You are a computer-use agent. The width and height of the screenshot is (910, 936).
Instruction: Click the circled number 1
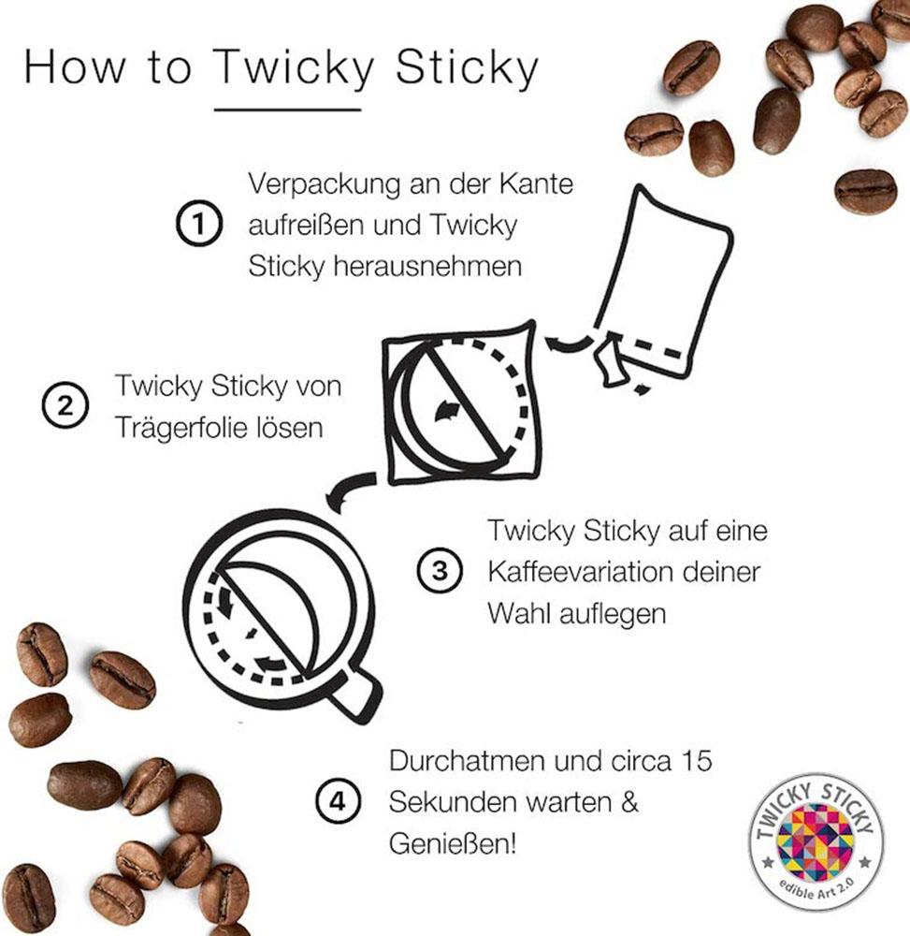(197, 226)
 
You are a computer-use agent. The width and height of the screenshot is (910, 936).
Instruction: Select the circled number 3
(440, 571)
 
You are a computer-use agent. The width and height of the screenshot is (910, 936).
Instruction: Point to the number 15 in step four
(692, 761)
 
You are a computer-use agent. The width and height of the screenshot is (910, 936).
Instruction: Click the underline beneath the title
(287, 110)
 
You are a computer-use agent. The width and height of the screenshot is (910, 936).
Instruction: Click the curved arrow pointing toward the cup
(348, 488)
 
